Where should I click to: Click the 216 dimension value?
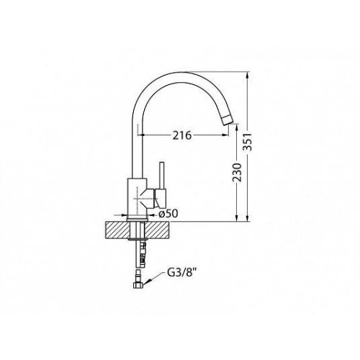point(182,135)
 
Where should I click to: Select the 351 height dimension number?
point(248,142)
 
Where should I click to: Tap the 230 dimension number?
point(237,172)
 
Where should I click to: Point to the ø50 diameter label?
point(168,214)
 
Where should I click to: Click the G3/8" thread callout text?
point(180,274)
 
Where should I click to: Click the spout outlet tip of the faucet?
point(228,120)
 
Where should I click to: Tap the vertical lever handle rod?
point(162,176)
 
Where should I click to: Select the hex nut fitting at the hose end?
point(138,285)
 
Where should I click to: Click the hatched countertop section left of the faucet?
point(117,230)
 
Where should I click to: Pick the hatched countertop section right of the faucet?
point(157,230)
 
